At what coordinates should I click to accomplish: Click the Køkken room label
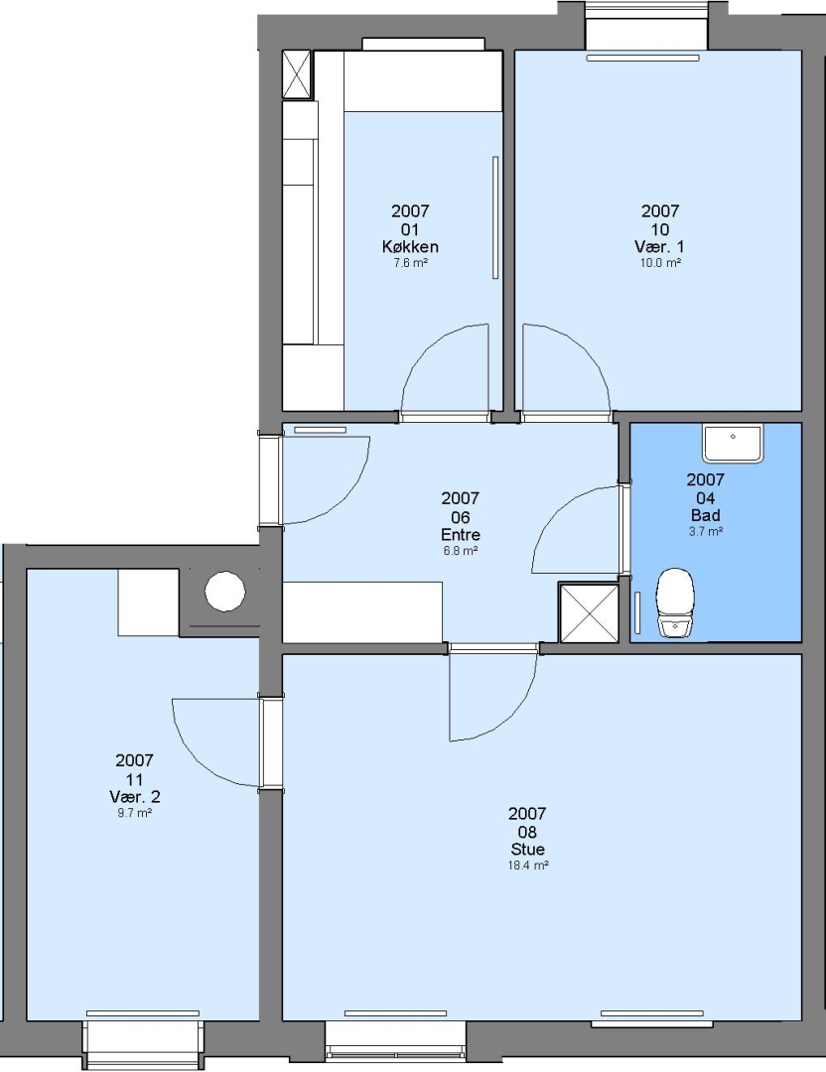(410, 247)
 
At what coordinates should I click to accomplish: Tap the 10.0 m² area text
(660, 263)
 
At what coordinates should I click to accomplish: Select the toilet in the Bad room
(675, 603)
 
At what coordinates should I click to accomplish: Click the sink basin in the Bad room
(733, 443)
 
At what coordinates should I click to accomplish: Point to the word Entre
(461, 535)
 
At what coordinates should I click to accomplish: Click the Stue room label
(528, 849)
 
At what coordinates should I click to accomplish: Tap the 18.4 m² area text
(528, 866)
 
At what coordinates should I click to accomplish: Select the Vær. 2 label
(135, 796)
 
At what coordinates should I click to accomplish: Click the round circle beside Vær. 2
(225, 592)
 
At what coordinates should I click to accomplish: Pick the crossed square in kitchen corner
(297, 75)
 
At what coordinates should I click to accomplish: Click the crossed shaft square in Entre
(589, 612)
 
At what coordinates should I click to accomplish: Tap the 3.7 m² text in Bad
(706, 531)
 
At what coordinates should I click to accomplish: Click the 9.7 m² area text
(135, 814)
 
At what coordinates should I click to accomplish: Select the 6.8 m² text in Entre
(461, 550)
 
